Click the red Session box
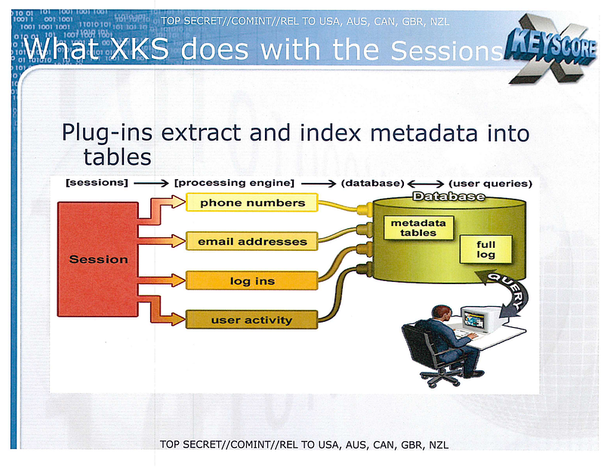point(98,259)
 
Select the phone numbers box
point(252,203)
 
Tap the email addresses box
point(252,241)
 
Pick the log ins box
point(252,280)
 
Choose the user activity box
point(252,320)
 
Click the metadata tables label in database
point(418,228)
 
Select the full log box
point(485,249)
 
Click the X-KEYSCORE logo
point(551,48)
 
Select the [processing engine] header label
point(234,183)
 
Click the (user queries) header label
point(490,184)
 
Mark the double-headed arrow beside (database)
point(426,184)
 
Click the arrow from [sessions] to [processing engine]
point(151,183)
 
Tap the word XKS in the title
point(140,49)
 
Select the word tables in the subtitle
point(117,157)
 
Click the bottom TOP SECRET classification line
point(304,444)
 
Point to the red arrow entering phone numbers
point(162,210)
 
